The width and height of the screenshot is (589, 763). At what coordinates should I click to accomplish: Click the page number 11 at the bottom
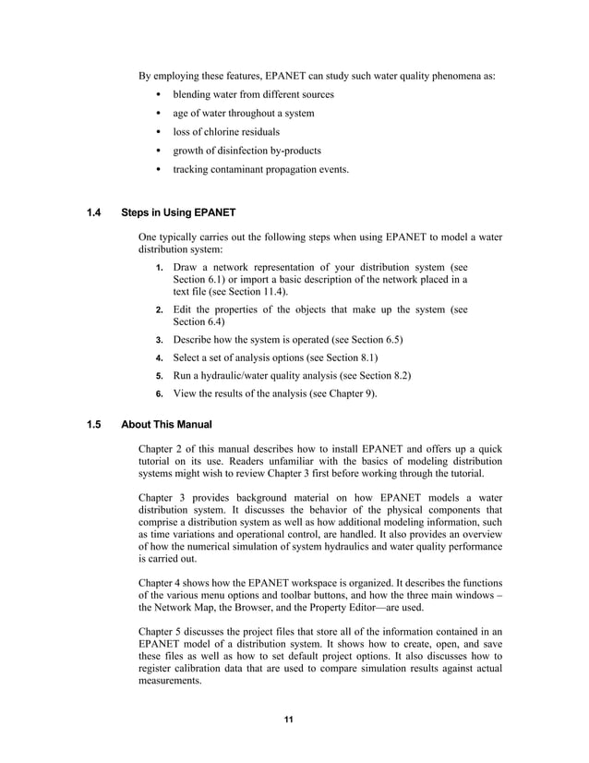point(289,721)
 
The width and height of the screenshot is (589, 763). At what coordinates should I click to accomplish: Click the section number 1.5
point(92,424)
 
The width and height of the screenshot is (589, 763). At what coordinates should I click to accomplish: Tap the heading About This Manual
point(167,424)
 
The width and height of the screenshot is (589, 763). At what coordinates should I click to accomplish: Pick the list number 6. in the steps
point(160,394)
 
